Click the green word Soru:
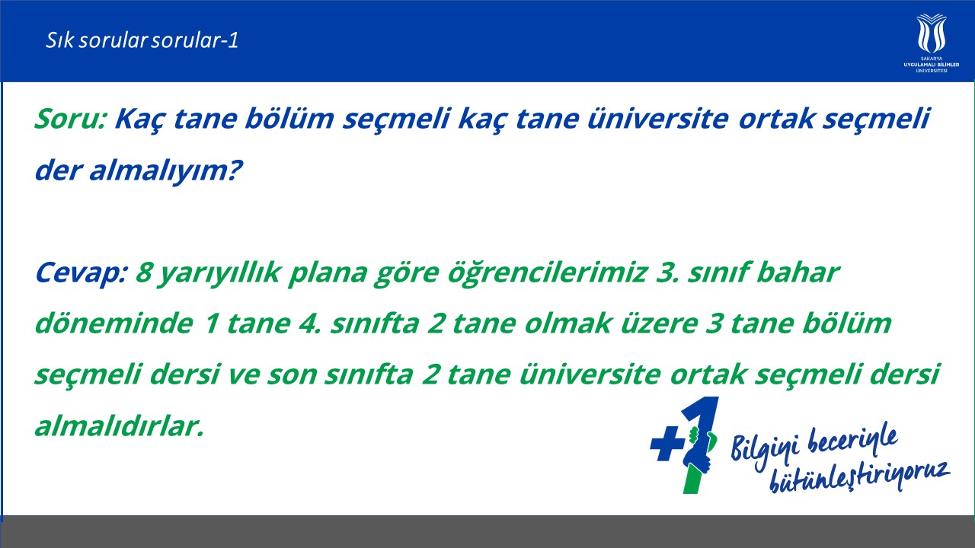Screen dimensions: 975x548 71,118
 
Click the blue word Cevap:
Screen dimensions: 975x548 81,273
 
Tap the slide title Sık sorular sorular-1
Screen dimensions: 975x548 142,40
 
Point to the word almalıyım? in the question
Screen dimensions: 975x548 166,170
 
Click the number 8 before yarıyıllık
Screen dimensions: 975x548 143,273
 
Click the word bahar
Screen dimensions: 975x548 798,273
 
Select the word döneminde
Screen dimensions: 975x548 114,324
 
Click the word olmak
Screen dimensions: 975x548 567,324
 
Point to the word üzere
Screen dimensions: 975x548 658,324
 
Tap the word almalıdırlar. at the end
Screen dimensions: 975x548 120,426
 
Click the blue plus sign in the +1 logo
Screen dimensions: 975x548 667,443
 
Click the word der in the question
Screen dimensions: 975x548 59,170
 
